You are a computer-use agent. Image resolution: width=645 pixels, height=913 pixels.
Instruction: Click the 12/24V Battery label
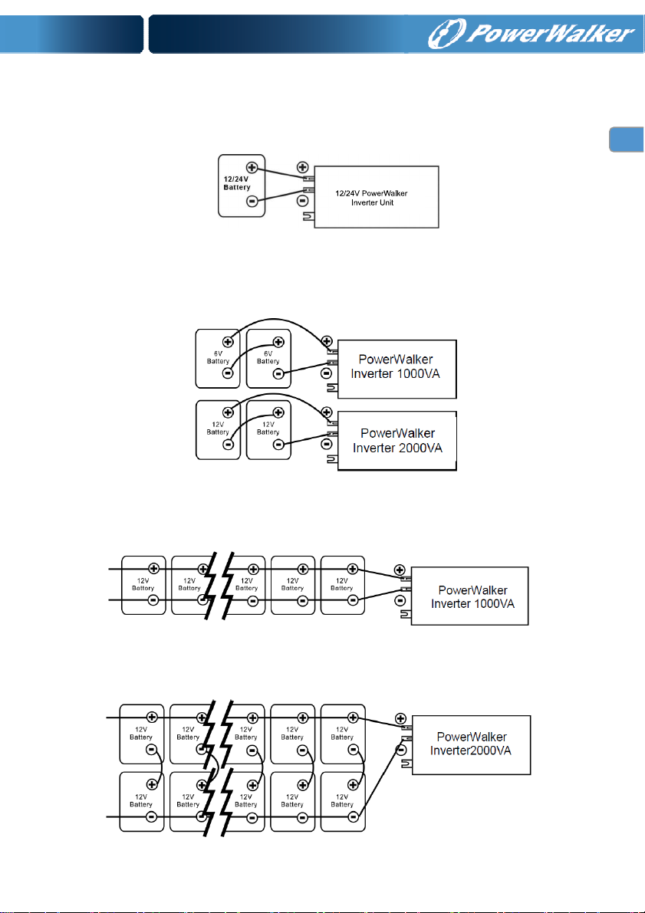(237, 183)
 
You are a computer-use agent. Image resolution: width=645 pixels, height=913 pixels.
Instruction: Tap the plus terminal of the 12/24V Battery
(252, 167)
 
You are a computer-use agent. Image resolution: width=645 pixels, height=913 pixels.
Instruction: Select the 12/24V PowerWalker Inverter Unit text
(372, 198)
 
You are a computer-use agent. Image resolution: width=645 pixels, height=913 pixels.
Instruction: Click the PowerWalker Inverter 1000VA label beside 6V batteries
(396, 366)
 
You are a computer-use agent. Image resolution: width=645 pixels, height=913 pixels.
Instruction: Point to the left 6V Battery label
(218, 357)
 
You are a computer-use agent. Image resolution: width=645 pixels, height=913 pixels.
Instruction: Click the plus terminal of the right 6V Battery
(278, 343)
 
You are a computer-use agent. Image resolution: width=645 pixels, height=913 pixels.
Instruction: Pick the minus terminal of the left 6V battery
(229, 373)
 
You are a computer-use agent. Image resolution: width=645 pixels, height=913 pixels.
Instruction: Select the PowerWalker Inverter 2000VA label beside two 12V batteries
(397, 440)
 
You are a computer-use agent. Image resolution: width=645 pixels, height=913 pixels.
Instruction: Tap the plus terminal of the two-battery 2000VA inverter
(327, 412)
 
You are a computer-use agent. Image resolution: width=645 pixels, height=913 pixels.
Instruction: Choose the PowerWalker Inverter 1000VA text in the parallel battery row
(472, 597)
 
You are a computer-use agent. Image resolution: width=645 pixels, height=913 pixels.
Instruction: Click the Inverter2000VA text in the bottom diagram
(471, 750)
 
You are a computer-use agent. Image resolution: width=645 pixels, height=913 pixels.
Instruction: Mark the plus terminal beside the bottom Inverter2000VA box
(400, 718)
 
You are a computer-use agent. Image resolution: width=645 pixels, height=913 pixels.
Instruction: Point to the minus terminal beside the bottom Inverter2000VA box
(400, 750)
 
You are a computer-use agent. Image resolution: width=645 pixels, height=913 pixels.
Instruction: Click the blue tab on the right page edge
(627, 140)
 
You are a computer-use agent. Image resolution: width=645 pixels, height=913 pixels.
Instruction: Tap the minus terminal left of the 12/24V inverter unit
(303, 202)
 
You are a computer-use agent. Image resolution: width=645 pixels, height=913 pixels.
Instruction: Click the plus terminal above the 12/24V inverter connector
(302, 167)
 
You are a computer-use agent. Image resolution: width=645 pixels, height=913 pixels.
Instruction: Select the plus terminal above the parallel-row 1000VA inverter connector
(400, 570)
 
